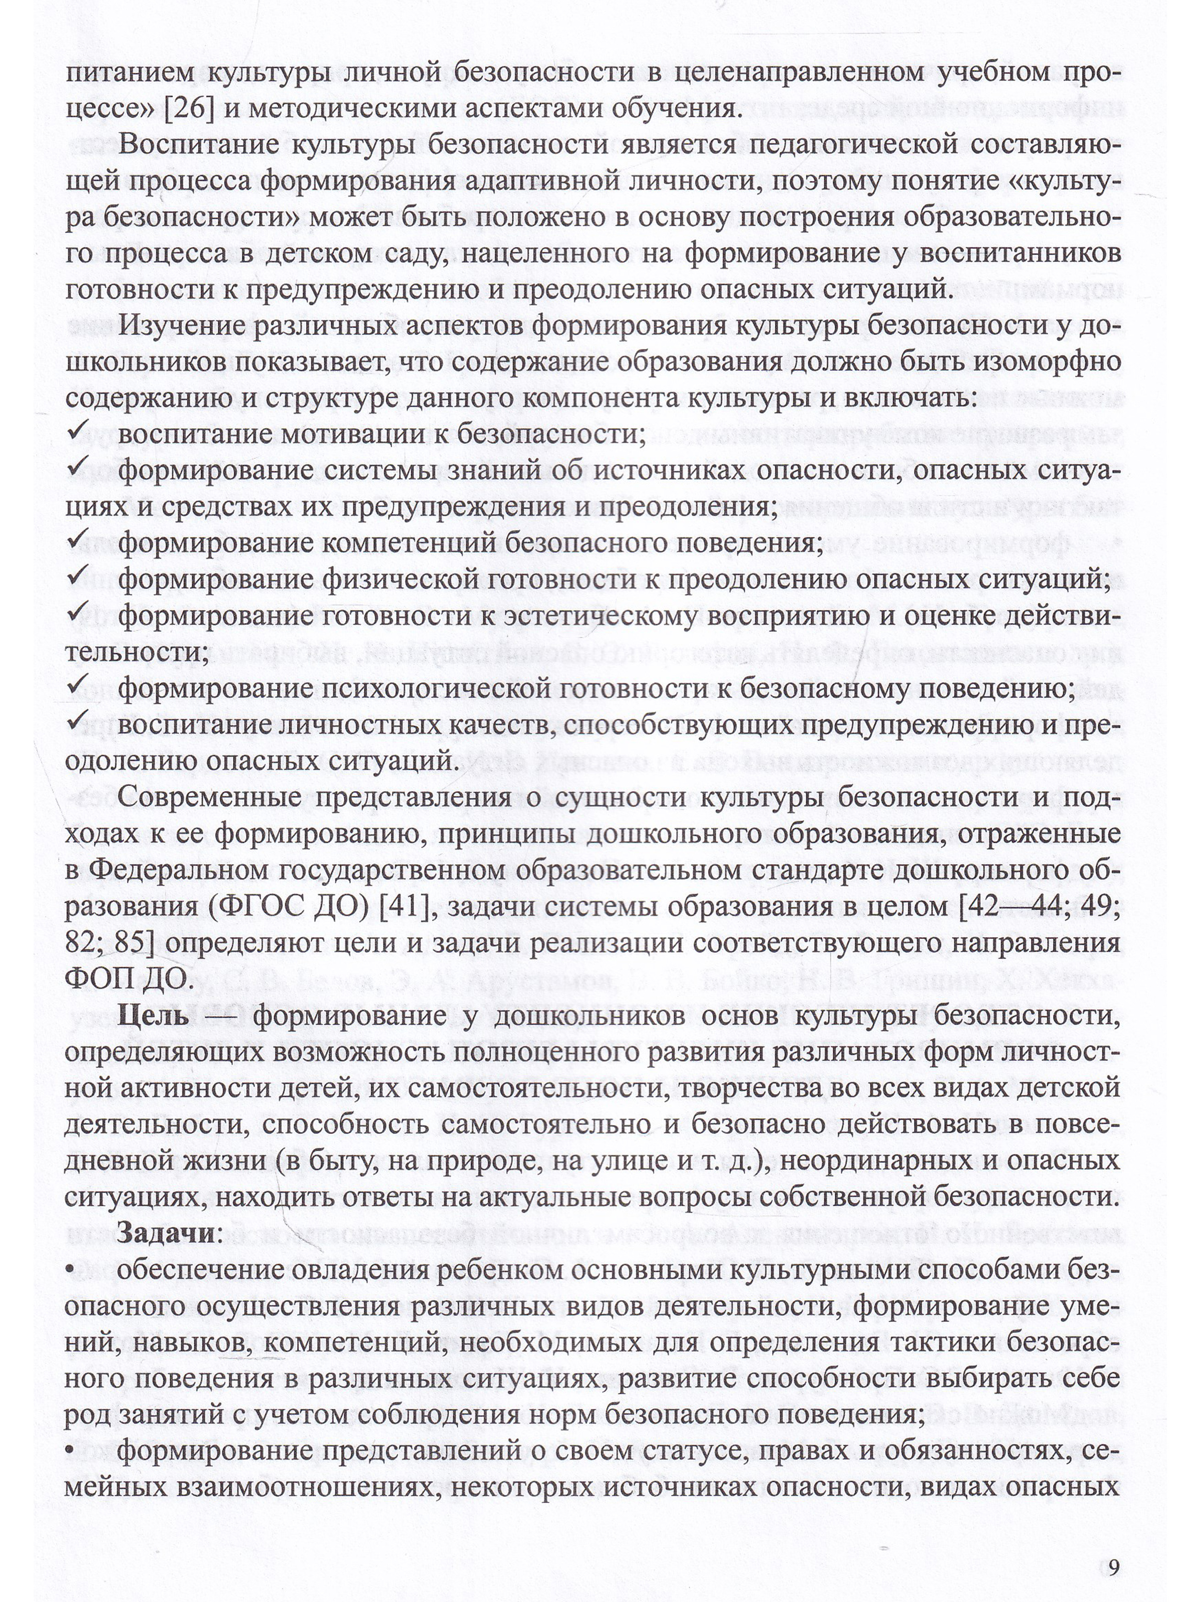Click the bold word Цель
153,1017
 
